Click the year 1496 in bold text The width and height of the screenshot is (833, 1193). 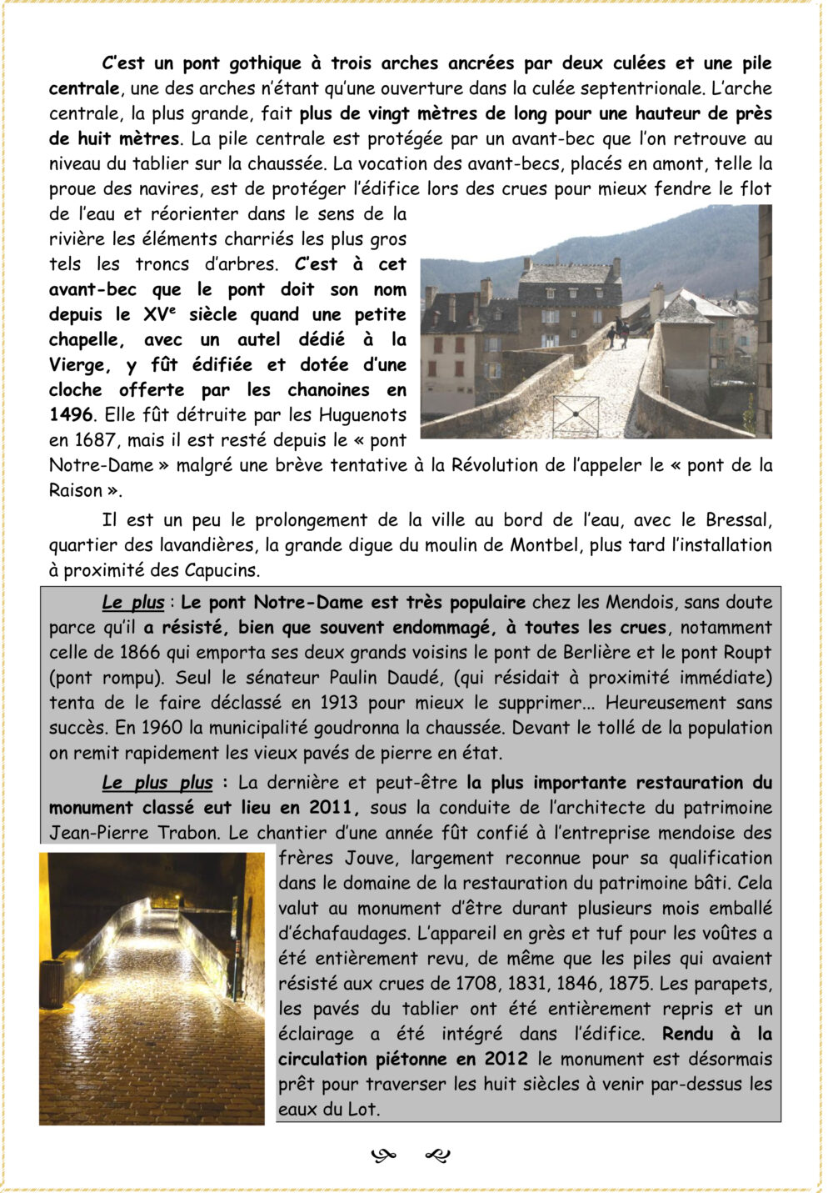tap(71, 414)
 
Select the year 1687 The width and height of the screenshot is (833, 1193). tap(95, 439)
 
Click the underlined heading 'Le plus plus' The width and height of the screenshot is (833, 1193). tap(157, 783)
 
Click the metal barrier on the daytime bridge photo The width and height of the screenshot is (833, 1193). tap(576, 416)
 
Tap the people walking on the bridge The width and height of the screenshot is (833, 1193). tap(618, 332)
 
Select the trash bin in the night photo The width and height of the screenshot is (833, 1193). tap(52, 985)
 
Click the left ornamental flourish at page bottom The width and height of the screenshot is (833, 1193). tap(383, 1155)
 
